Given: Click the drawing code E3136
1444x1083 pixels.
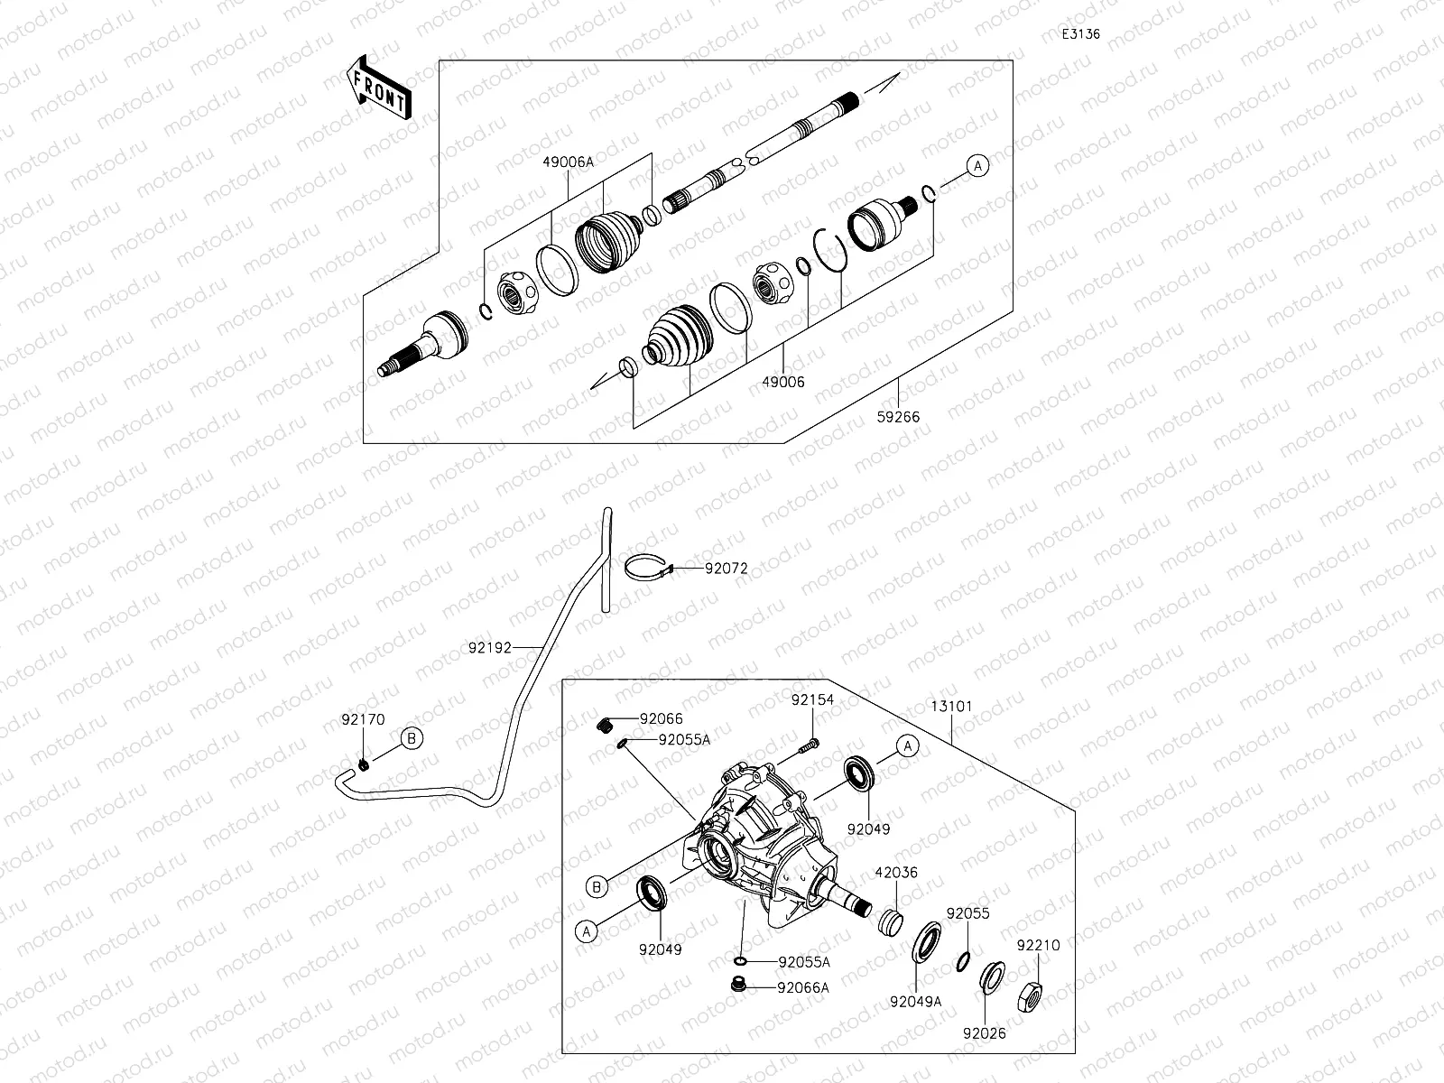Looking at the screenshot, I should pyautogui.click(x=1080, y=34).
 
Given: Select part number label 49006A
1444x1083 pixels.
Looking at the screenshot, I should pyautogui.click(x=568, y=162).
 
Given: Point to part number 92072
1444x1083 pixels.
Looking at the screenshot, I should pyautogui.click(x=726, y=569).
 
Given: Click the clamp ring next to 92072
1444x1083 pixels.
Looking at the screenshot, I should pyautogui.click(x=648, y=567).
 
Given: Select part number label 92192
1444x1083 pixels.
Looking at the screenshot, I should pyautogui.click(x=490, y=647).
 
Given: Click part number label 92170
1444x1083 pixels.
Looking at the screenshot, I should pyautogui.click(x=363, y=720).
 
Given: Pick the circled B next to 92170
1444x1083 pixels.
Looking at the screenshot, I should pyautogui.click(x=412, y=738).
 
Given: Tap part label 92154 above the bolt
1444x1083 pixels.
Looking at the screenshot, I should pyautogui.click(x=813, y=699).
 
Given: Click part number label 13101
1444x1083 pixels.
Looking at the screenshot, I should pyautogui.click(x=951, y=706).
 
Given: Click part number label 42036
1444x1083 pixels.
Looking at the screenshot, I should pyautogui.click(x=895, y=873).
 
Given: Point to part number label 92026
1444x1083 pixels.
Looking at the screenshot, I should pyautogui.click(x=984, y=1033).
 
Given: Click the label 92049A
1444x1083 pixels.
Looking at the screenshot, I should pyautogui.click(x=915, y=1001).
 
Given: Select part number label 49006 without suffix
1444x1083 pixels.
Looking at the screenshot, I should pyautogui.click(x=782, y=382).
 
